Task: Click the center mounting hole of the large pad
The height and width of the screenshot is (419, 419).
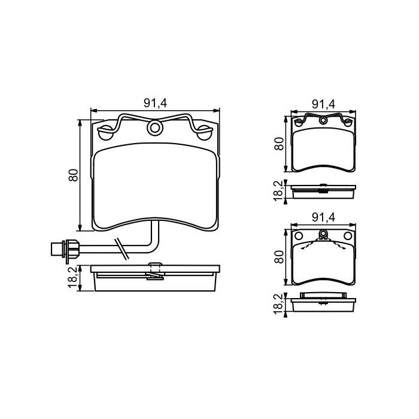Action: (155, 127)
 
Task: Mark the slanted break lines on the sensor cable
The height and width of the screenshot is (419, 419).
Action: (122, 248)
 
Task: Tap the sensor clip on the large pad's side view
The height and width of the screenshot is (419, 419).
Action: (154, 271)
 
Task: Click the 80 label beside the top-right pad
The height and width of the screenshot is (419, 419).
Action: (278, 144)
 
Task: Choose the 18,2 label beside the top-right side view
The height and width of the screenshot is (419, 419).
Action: (278, 191)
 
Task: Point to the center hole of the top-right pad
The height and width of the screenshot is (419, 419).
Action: (323, 120)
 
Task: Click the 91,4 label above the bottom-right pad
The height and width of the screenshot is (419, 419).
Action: (323, 218)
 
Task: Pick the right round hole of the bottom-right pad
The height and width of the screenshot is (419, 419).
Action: (347, 235)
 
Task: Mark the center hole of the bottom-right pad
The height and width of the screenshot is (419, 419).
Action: (323, 234)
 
